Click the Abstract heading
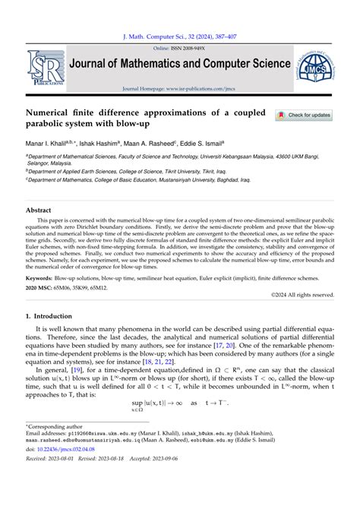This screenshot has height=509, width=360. (39, 210)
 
